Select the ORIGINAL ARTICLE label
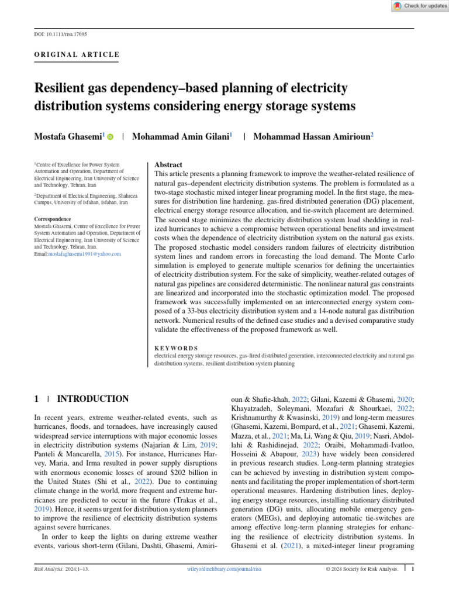(77, 55)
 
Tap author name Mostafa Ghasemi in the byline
(68, 136)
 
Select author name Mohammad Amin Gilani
(181, 136)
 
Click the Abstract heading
(168, 166)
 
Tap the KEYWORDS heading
(176, 348)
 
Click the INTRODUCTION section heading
(92, 399)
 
